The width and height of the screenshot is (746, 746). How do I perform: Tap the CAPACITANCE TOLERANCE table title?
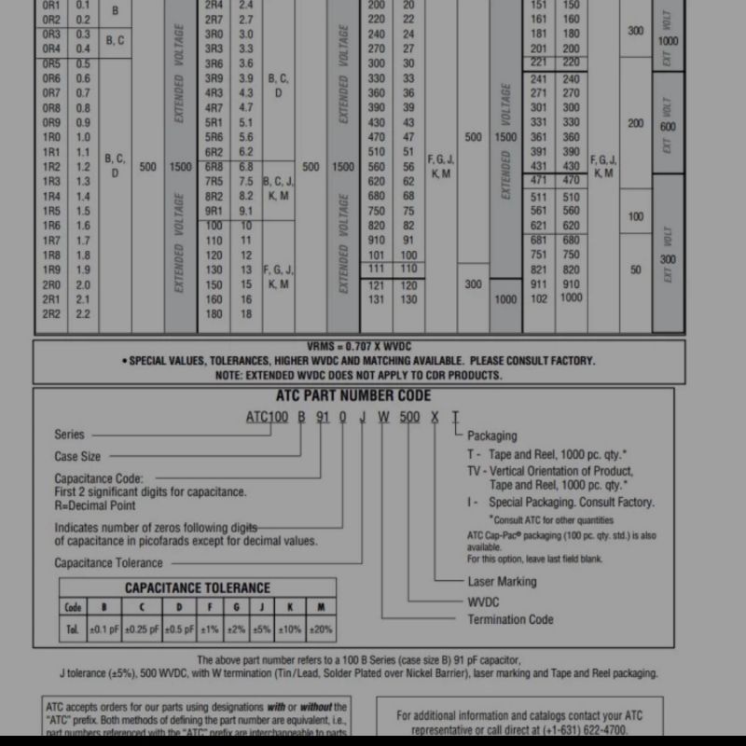[x=198, y=588]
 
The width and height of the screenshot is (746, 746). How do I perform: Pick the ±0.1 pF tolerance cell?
[x=103, y=629]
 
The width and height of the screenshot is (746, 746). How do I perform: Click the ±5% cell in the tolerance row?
[x=262, y=629]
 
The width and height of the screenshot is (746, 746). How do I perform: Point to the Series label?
[x=69, y=435]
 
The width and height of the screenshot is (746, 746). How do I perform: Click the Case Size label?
[x=77, y=456]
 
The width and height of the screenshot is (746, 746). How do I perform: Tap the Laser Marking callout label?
[x=502, y=581]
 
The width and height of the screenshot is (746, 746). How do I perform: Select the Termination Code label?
[x=510, y=619]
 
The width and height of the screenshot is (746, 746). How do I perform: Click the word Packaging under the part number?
[x=492, y=435]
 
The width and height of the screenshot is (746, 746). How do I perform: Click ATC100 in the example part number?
[x=267, y=417]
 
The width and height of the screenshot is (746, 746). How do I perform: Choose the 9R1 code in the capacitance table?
[x=214, y=211]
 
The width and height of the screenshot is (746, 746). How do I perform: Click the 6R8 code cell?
[x=214, y=166]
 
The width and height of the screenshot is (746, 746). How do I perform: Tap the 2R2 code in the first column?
[x=51, y=314]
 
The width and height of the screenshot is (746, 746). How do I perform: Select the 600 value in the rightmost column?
[x=668, y=128]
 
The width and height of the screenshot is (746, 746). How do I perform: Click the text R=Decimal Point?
[x=95, y=505]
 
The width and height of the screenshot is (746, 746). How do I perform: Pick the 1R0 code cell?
[x=51, y=136]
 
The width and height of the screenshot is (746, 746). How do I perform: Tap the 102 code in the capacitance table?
[x=539, y=298]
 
